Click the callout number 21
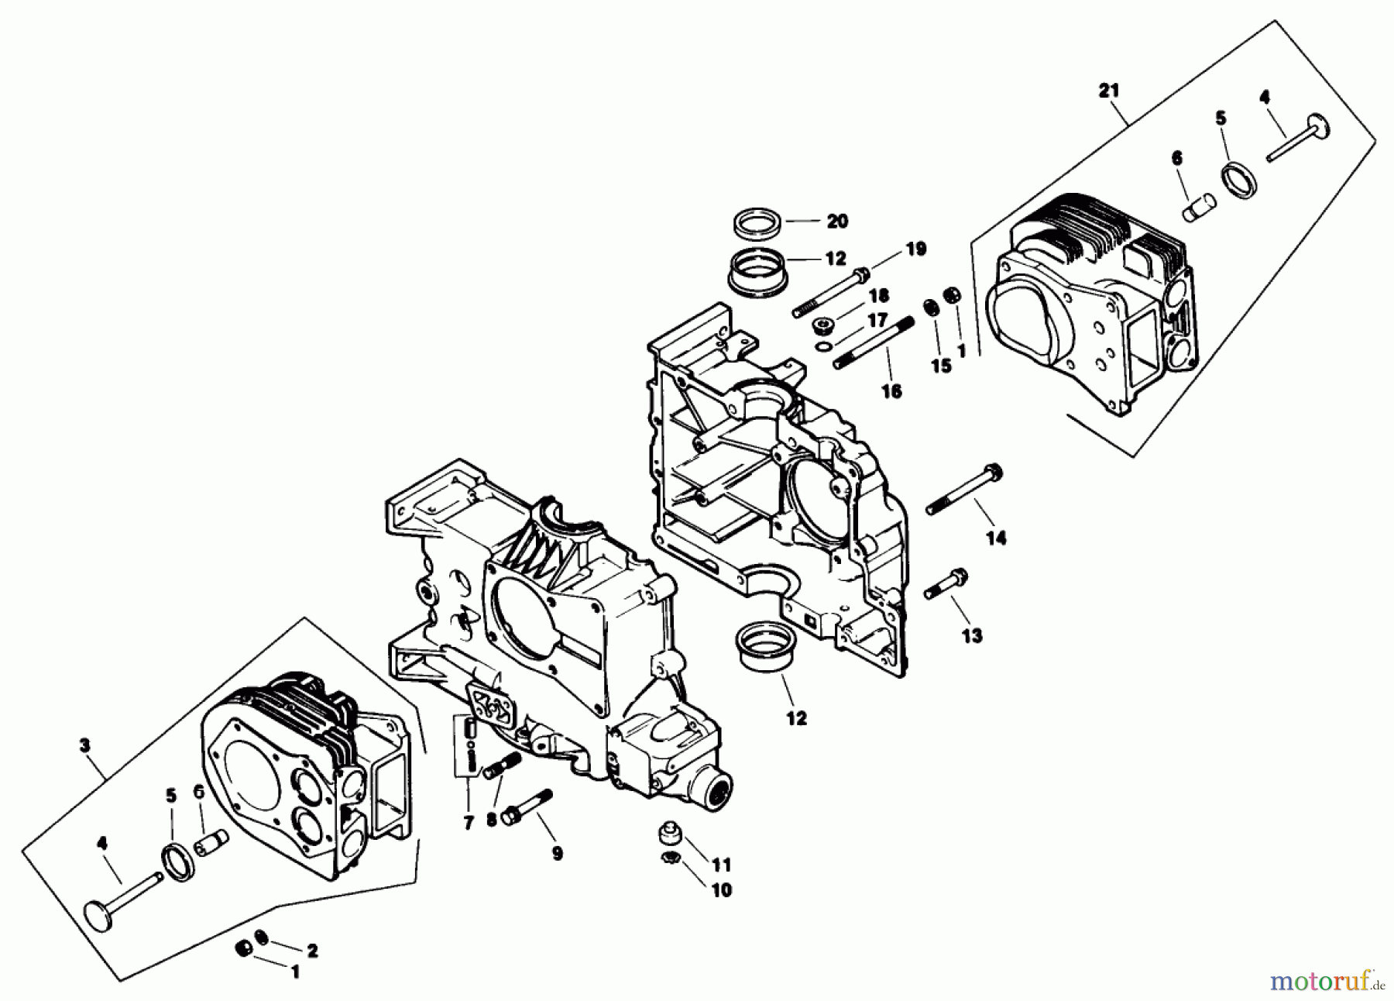pyautogui.click(x=1108, y=91)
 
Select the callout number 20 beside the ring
pyautogui.click(x=837, y=222)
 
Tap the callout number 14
pyautogui.click(x=996, y=538)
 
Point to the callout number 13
pyautogui.click(x=972, y=635)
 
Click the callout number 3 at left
pyautogui.click(x=84, y=745)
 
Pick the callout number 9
pyautogui.click(x=557, y=853)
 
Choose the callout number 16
pyautogui.click(x=891, y=391)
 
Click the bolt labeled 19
pyautogui.click(x=829, y=293)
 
